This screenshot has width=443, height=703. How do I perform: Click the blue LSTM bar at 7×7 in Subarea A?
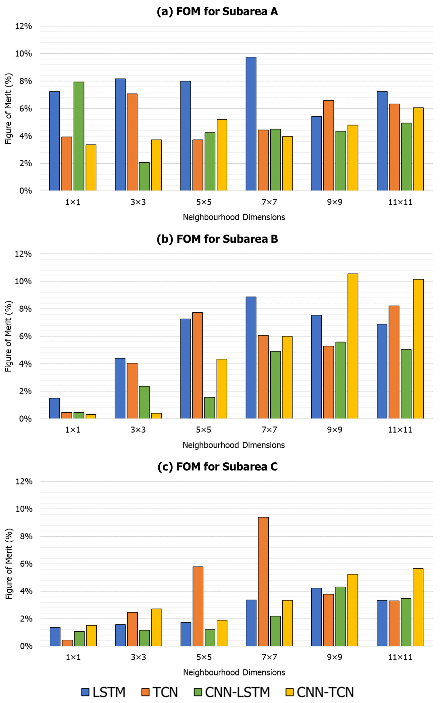point(251,124)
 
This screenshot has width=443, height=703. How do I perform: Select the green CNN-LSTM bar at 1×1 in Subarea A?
point(79,136)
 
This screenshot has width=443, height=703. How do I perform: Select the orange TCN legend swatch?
point(145,692)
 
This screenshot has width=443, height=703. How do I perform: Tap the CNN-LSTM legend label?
point(237,692)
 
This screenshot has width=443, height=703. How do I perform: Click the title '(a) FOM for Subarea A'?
point(217,11)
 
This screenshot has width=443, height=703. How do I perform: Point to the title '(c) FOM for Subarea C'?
point(217,467)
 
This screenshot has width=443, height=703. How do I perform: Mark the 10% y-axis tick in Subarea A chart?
point(23,54)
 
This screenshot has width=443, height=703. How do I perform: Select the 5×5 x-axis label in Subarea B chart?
point(204,430)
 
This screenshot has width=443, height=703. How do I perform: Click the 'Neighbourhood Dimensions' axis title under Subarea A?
point(234,217)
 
